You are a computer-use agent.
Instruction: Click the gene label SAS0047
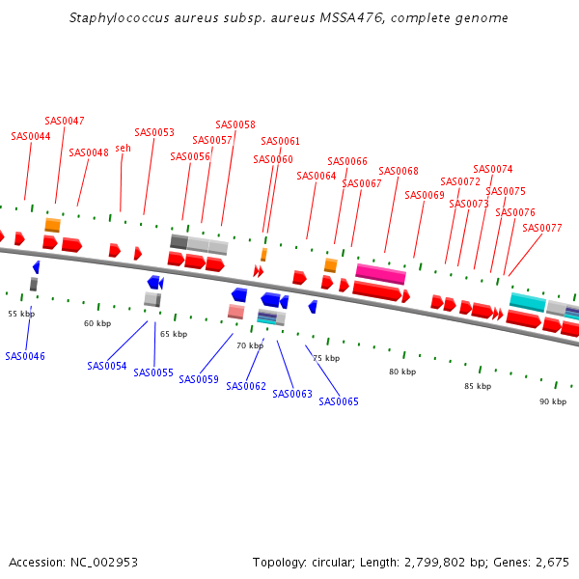[65, 121]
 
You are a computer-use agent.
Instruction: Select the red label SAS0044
[31, 136]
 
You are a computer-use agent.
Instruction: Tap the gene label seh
[123, 148]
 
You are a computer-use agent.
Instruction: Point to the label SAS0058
[235, 124]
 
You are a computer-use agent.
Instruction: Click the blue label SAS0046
[25, 356]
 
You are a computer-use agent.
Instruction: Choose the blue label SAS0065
[339, 401]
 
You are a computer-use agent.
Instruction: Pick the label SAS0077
[541, 228]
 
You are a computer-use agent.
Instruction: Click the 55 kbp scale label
[21, 314]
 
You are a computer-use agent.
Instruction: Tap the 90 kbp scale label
[553, 400]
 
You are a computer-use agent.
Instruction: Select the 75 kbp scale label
[326, 358]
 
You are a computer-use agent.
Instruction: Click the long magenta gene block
[380, 274]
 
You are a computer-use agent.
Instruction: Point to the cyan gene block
[528, 301]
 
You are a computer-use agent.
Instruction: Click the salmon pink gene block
[235, 312]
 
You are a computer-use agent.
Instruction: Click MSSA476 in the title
[344, 18]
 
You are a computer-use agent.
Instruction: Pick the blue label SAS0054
[106, 366]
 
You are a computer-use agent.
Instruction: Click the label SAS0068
[399, 171]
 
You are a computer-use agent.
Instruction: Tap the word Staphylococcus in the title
[116, 18]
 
